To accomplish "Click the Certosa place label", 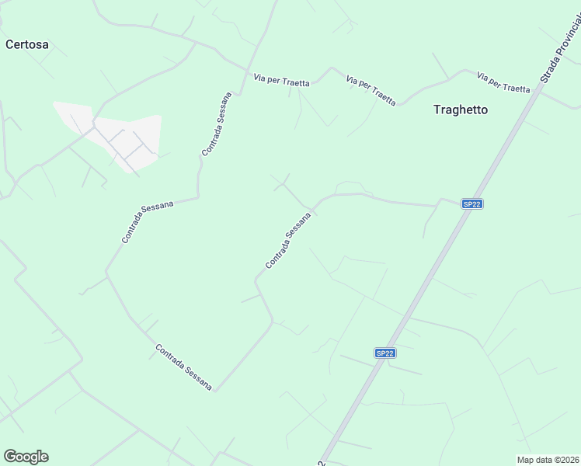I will pos(27,44).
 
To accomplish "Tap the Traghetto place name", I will pos(461,110).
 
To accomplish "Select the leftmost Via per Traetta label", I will pos(281,79).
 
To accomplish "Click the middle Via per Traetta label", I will pos(371,90).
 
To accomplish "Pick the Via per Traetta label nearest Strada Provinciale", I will pos(503,82).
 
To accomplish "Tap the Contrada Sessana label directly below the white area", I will pos(147,221).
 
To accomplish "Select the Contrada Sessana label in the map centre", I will pos(288,241).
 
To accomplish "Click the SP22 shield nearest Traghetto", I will pos(471,203).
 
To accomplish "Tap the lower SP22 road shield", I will pos(385,353).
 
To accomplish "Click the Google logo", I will pos(26,457).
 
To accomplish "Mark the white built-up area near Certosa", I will pos(117,136).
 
